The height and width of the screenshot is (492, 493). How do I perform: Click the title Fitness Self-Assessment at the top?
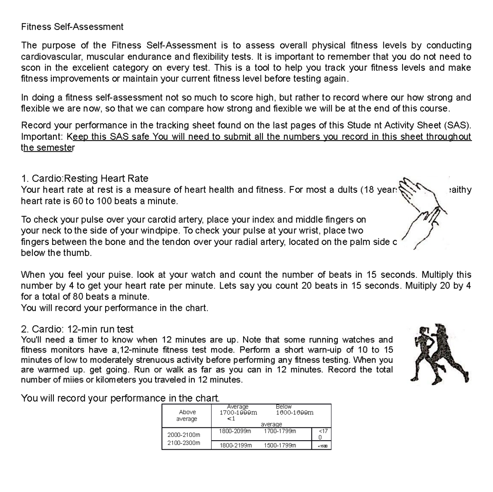pyautogui.click(x=72, y=27)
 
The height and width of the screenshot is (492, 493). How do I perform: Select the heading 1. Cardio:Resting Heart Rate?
pyautogui.click(x=84, y=178)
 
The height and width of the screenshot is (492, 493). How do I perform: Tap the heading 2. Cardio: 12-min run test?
pyautogui.click(x=77, y=329)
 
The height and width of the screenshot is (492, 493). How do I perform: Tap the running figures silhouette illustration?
pyautogui.click(x=429, y=353)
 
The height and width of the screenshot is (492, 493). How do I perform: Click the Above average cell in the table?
pyautogui.click(x=187, y=416)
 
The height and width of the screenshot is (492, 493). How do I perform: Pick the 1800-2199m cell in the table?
pyautogui.click(x=235, y=445)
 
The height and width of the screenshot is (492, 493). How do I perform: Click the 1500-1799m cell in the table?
pyautogui.click(x=280, y=445)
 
